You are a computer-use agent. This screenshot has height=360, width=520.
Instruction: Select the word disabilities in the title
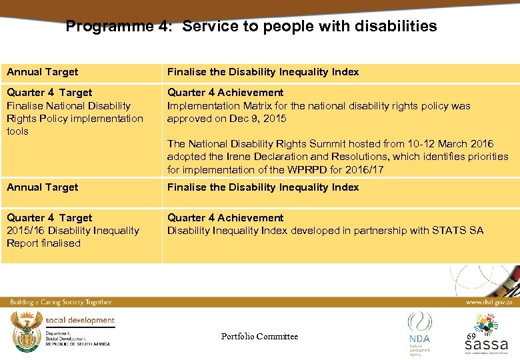tap(398, 27)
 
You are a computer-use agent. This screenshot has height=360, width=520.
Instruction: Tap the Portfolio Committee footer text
tap(259, 337)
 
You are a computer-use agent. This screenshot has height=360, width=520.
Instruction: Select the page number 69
tap(471, 337)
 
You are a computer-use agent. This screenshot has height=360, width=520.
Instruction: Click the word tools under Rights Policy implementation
tap(18, 131)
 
